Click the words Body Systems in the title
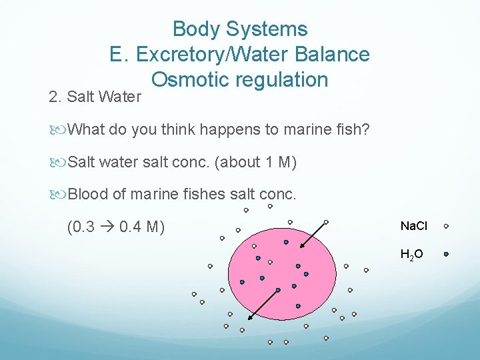pyautogui.click(x=240, y=29)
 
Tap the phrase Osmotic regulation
pyautogui.click(x=240, y=79)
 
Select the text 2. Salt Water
pyautogui.click(x=95, y=97)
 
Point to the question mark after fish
pyautogui.click(x=365, y=129)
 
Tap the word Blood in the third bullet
pyautogui.click(x=89, y=195)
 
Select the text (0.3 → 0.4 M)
pyautogui.click(x=116, y=227)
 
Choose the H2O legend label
pyautogui.click(x=411, y=254)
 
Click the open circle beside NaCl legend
pyautogui.click(x=446, y=226)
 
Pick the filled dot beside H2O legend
pyautogui.click(x=446, y=254)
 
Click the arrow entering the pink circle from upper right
pyautogui.click(x=313, y=235)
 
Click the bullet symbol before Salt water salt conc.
pyautogui.click(x=62, y=162)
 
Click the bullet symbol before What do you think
pyautogui.click(x=62, y=129)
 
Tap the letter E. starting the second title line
pyautogui.click(x=118, y=54)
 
